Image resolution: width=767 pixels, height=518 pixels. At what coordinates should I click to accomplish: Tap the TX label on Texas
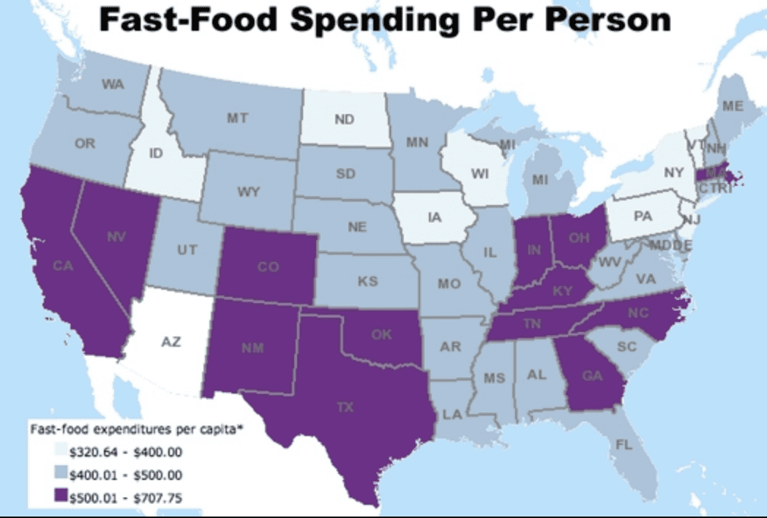point(345,407)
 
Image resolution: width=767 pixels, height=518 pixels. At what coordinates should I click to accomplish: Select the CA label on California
point(63,266)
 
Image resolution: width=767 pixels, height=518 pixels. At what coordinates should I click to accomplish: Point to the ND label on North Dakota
point(345,120)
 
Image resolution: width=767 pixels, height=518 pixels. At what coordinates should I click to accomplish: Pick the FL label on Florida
point(628,444)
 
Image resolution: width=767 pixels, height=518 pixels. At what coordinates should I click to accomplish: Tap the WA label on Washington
point(113,84)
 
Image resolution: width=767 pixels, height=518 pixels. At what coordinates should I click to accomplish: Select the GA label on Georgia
point(593,378)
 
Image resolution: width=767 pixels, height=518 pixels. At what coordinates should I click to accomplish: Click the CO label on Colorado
point(268,267)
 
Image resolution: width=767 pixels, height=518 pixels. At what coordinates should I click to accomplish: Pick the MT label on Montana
point(236,117)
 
